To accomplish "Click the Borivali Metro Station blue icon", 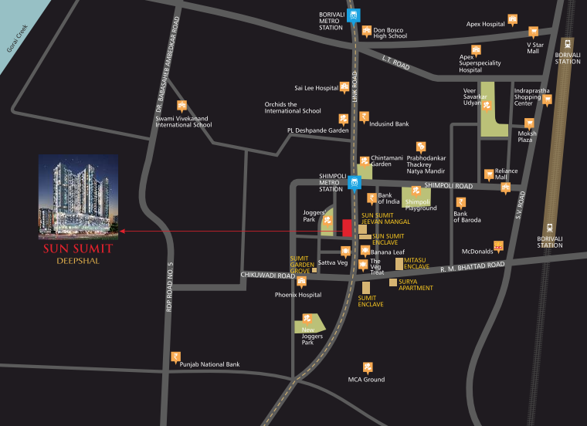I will (x=354, y=15).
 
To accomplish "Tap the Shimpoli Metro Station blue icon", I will (x=355, y=183).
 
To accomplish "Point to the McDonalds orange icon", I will (x=498, y=246).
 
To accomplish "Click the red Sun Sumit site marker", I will (x=348, y=228).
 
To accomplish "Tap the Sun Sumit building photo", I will (x=79, y=194).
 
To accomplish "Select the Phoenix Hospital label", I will (x=298, y=295).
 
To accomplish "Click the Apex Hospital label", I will (x=485, y=24).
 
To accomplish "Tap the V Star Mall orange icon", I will (x=533, y=32).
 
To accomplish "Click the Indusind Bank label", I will (x=389, y=123).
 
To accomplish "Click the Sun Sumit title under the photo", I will (x=77, y=248).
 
